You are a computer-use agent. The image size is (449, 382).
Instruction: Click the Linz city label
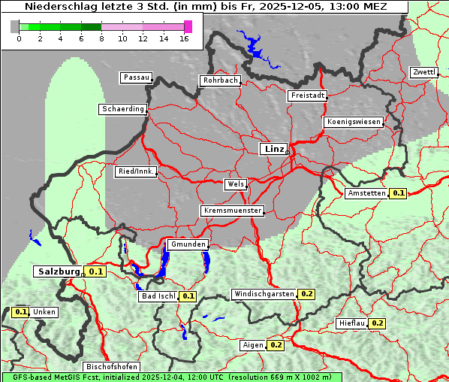point(273,149)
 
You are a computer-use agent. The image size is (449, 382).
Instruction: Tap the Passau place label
point(135,77)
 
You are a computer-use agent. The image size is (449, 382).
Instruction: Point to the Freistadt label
point(306,95)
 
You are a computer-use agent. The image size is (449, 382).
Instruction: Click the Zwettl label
point(423,72)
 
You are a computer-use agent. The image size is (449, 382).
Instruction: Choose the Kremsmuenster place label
point(232,211)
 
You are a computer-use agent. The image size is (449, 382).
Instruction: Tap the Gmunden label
point(187,244)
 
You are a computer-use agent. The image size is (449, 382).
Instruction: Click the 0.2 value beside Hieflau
point(376,323)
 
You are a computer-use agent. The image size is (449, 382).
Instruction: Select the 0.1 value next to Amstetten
point(398,193)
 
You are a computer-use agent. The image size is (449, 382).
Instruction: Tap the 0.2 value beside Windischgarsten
point(306,294)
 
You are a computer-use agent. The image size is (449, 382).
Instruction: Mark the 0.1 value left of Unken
point(21,312)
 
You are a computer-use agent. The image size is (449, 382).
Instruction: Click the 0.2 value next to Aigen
point(276,345)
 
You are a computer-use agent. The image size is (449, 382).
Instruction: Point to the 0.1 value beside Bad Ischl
point(188,296)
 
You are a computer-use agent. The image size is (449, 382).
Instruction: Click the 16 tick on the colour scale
point(185,38)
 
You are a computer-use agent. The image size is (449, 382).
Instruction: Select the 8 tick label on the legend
point(101,38)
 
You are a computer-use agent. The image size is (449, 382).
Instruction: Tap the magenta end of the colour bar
point(188,26)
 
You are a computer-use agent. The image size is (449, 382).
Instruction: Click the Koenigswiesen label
point(353,122)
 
